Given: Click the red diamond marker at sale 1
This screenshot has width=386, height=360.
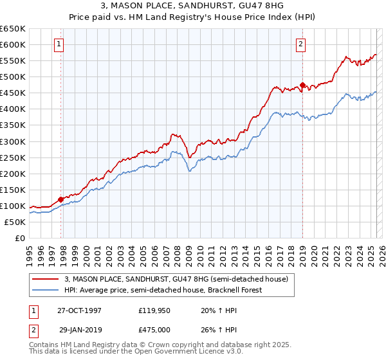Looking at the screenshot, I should click(x=61, y=199).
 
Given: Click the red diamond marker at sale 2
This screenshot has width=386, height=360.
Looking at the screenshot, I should click(x=303, y=85).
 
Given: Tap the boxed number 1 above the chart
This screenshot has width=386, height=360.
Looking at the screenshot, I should click(x=59, y=44).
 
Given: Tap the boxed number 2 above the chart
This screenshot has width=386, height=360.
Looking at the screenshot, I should click(x=300, y=44).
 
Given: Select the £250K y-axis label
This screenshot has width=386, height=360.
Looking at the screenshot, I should click(x=13, y=157).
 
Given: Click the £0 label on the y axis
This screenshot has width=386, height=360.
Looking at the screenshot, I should click(x=19, y=238).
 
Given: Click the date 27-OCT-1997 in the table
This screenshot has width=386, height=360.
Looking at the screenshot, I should click(x=79, y=310).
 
